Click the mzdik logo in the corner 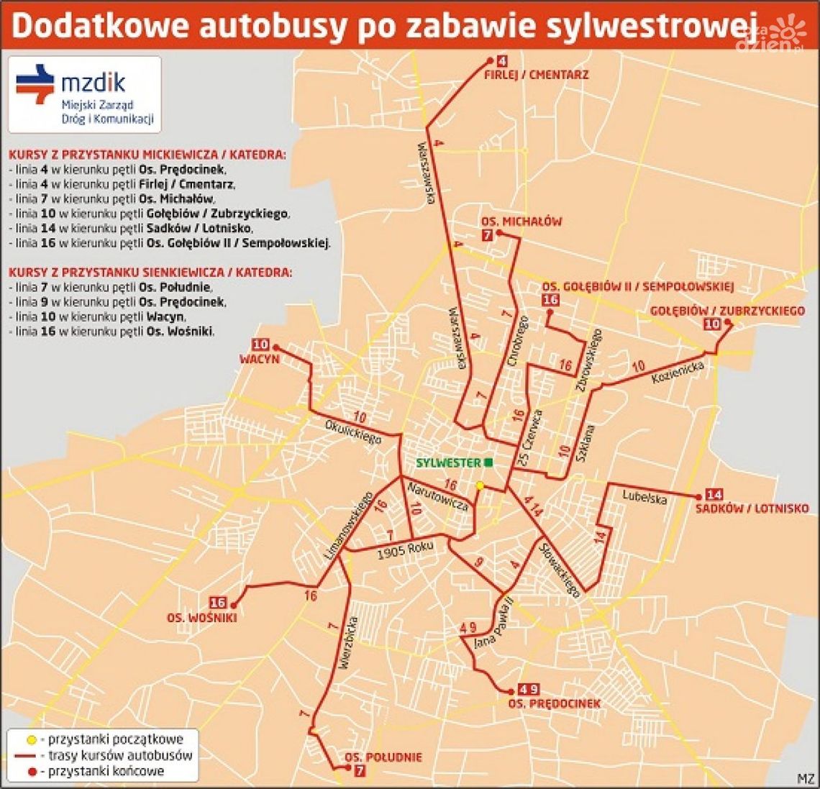point(84,94)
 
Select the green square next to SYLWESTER point(488,462)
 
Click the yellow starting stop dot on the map point(480,485)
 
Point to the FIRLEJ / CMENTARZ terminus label point(537,75)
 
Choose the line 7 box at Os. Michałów point(488,235)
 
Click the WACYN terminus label point(260,358)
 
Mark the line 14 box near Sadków point(714,495)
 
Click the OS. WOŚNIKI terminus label point(202,617)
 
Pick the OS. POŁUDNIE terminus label point(383,757)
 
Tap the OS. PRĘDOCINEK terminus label point(554,703)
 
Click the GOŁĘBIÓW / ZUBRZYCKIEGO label point(727,311)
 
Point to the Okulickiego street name point(353,429)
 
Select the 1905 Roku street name point(405,550)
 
